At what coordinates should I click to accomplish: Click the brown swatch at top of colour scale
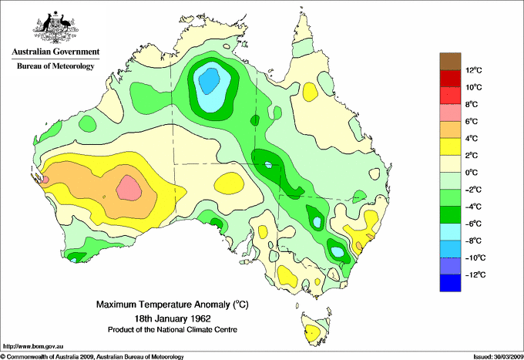pos(452,61)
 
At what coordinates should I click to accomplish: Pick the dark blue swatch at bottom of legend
pos(452,283)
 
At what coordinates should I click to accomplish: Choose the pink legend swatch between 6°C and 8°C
pos(452,113)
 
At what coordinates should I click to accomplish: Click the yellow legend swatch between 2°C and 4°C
pos(452,146)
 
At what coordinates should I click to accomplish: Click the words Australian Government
pos(55,52)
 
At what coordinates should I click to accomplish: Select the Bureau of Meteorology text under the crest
pos(55,66)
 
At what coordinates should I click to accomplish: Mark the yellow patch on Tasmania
pos(311,333)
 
